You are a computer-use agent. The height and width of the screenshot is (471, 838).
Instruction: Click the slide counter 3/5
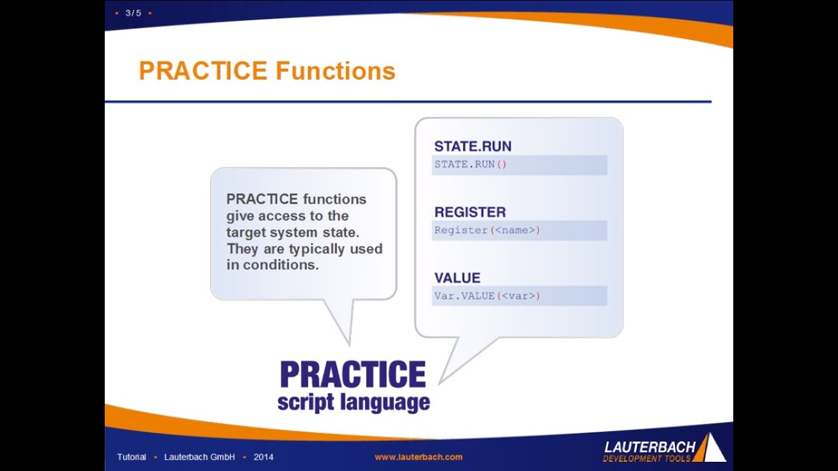point(133,13)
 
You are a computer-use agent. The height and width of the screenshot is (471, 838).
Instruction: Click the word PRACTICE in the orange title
point(203,71)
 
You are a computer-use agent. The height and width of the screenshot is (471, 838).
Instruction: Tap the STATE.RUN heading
point(473,147)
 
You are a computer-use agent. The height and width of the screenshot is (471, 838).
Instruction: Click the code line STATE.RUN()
point(471,164)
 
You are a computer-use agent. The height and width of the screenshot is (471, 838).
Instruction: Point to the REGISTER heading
point(470,212)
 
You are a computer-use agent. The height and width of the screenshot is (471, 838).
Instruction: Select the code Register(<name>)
point(487,230)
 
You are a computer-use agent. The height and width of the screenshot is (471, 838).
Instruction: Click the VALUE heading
point(457,278)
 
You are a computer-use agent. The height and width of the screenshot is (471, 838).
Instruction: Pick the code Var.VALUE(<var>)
point(487,296)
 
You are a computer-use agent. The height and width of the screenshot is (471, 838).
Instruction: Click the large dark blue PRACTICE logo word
point(352,375)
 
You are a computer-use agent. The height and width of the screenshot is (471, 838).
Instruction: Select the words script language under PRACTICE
point(354,402)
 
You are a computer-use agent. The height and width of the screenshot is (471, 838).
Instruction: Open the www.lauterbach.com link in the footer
point(418,457)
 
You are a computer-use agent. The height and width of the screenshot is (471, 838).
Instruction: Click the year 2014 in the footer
point(263,457)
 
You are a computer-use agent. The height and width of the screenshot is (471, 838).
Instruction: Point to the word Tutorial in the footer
point(132,457)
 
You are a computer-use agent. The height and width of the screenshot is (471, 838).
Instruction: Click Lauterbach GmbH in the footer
point(200,457)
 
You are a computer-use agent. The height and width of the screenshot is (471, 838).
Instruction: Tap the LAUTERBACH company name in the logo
point(649,447)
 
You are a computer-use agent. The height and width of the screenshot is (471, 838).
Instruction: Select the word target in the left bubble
point(245,232)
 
